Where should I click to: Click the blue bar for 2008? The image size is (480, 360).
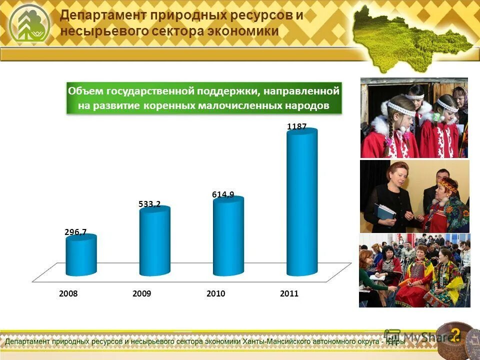point(81,256)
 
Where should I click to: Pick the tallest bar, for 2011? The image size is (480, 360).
point(301,202)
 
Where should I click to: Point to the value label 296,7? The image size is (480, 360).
point(75,231)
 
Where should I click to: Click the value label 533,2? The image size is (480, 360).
point(149,203)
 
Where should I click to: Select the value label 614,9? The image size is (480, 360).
point(223,194)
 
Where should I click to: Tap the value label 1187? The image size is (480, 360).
point(296,126)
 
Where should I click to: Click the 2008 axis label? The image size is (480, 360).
point(68,294)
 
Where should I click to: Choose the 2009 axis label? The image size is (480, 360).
point(142,294)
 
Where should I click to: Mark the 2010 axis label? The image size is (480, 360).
point(215,294)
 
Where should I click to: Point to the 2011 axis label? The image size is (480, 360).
point(289,294)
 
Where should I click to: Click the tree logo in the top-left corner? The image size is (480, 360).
point(29,24)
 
